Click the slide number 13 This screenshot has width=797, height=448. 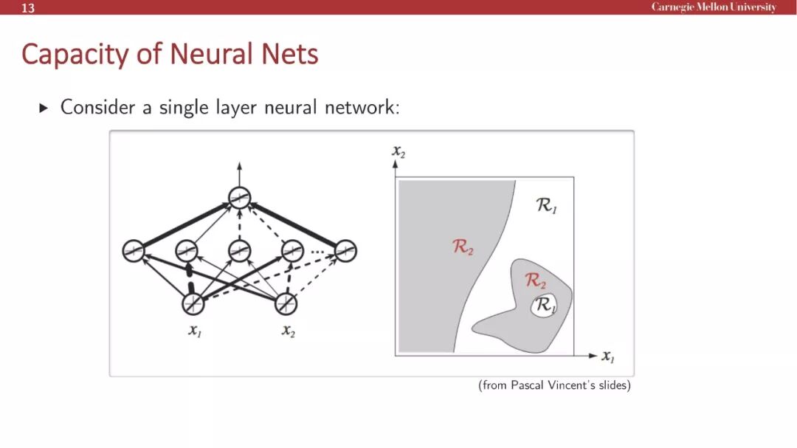click(28, 8)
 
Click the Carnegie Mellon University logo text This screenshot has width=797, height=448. click(714, 7)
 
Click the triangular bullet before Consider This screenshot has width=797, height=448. click(43, 108)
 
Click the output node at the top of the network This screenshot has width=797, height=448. click(239, 198)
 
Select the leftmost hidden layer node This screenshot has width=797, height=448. click(134, 251)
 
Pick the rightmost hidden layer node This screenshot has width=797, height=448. click(345, 251)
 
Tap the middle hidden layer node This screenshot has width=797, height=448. click(239, 251)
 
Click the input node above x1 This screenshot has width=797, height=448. click(193, 303)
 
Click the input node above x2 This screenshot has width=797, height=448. click(286, 303)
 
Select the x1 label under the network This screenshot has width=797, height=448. click(194, 331)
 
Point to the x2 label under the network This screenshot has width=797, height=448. click(288, 331)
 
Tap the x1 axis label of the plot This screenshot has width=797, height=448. click(607, 356)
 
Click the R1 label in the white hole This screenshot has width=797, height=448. click(545, 305)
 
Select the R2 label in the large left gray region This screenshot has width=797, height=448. click(463, 247)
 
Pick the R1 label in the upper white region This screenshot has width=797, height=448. click(547, 206)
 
